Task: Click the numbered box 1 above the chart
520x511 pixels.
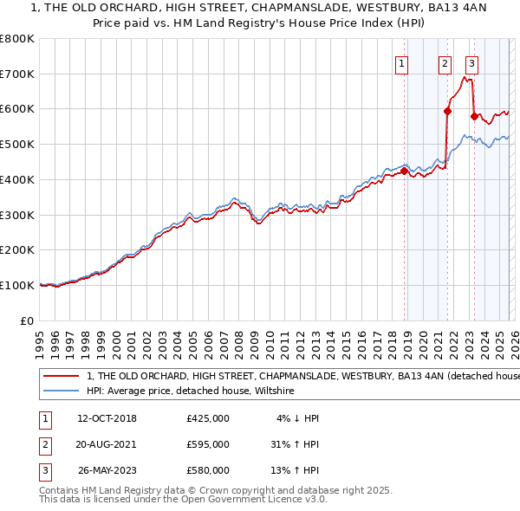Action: [403, 62]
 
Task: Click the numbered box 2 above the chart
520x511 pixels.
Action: [445, 62]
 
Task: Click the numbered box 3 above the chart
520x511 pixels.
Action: [472, 62]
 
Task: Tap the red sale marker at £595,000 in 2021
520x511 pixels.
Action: [447, 111]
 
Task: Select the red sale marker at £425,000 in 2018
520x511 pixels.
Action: [404, 171]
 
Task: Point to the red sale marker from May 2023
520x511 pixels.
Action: [474, 115]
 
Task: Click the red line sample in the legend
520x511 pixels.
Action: [61, 377]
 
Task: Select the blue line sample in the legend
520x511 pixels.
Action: [61, 391]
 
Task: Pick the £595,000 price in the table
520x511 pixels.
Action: [207, 444]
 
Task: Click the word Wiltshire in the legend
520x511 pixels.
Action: [273, 391]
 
